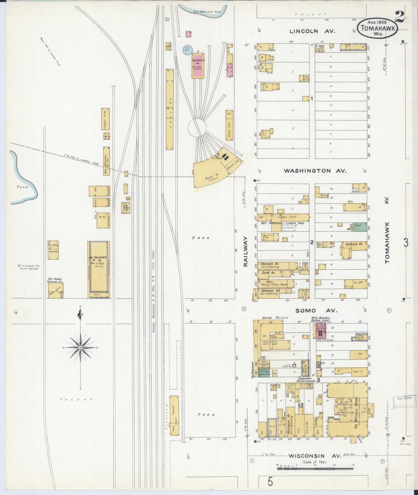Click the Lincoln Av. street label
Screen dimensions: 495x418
(x=312, y=31)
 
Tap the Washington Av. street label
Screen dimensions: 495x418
(x=315, y=171)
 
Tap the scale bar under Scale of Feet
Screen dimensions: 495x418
(x=316, y=469)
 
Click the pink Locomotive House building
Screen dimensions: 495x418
(x=198, y=66)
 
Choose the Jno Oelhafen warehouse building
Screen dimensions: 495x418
(x=99, y=269)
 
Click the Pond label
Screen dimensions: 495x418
(x=22, y=187)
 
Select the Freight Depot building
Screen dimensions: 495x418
(x=174, y=415)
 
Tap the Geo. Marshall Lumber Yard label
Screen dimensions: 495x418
(x=282, y=223)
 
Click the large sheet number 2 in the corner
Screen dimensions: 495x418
(x=399, y=17)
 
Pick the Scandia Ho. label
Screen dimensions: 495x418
(x=354, y=244)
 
